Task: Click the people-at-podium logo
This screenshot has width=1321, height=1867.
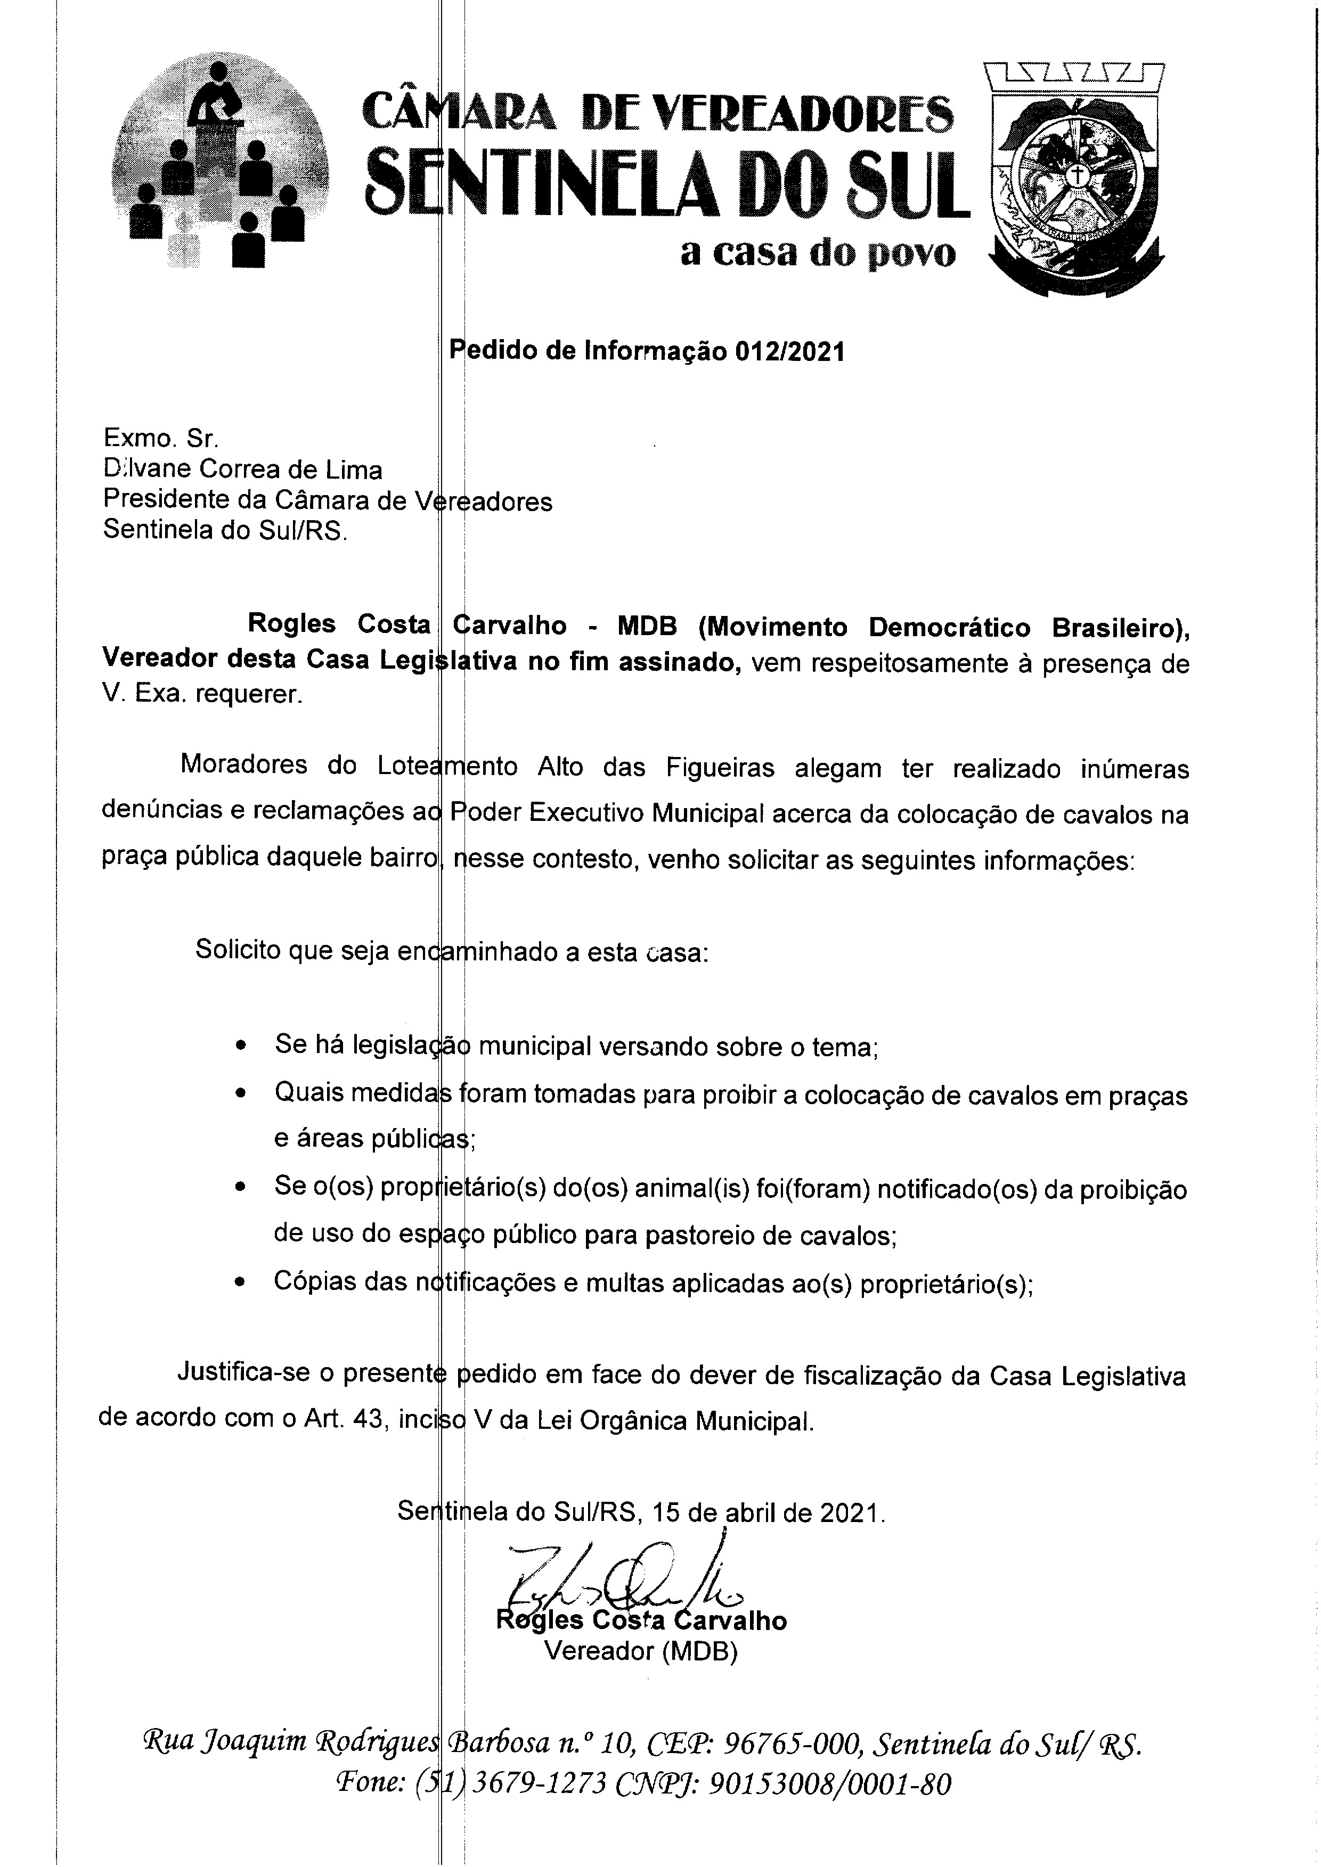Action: click(219, 162)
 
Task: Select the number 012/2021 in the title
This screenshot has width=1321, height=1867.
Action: click(789, 351)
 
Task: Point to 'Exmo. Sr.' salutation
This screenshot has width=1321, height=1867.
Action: click(161, 439)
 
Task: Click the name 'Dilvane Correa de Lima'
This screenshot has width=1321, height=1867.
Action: click(242, 470)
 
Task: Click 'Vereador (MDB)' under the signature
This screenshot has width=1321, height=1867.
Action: click(641, 1651)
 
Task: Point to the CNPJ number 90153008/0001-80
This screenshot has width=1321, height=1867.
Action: click(830, 1783)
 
